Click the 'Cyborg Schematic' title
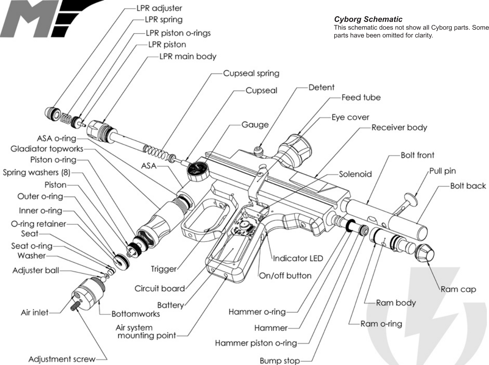pyautogui.click(x=368, y=19)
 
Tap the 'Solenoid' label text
pyautogui.click(x=355, y=174)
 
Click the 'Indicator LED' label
pyautogui.click(x=298, y=259)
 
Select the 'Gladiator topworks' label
pyautogui.click(x=47, y=149)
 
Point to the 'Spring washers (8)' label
pyautogui.click(x=37, y=172)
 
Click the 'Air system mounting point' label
pyautogui.click(x=146, y=332)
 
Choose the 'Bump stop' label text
pyautogui.click(x=279, y=361)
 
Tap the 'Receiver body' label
pyautogui.click(x=399, y=128)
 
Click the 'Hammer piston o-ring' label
pyautogui.click(x=256, y=343)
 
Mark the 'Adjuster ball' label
pyautogui.click(x=36, y=270)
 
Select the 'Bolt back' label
pyautogui.click(x=468, y=186)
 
